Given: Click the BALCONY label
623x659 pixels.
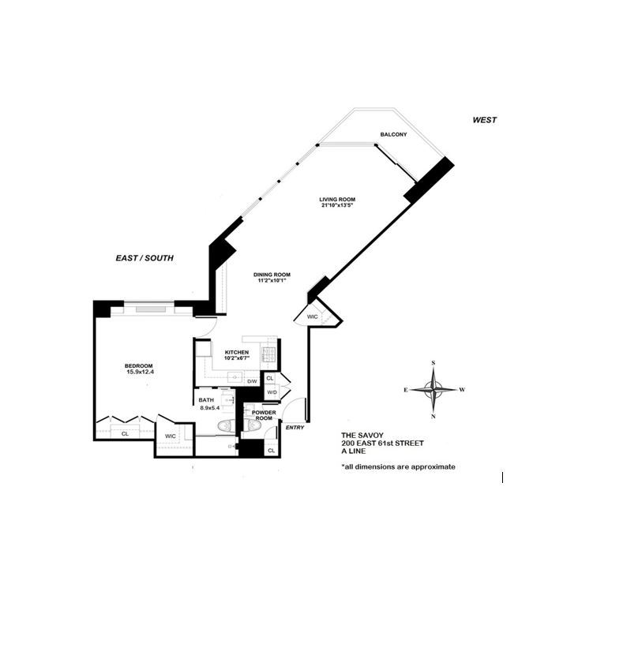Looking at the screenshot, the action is [393, 135].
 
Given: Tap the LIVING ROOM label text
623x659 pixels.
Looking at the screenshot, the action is [336, 199].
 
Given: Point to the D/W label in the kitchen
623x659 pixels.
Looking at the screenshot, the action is [252, 381].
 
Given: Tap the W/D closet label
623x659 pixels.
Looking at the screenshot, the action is [271, 391].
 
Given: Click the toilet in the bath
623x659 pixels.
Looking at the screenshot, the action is [225, 427].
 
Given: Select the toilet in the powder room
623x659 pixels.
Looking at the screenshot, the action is [253, 426].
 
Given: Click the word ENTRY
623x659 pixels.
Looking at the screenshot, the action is [295, 427].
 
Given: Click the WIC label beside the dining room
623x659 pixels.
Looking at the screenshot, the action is [312, 316].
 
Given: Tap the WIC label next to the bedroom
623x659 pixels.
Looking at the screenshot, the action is [170, 436].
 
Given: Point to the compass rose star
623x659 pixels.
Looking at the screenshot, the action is [433, 389].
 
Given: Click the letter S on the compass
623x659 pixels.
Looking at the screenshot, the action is [433, 363].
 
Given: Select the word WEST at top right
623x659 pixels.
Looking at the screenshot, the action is [484, 120].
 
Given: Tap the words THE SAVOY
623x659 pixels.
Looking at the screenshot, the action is [360, 435].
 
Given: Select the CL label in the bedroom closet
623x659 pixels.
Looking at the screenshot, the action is [125, 433].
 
